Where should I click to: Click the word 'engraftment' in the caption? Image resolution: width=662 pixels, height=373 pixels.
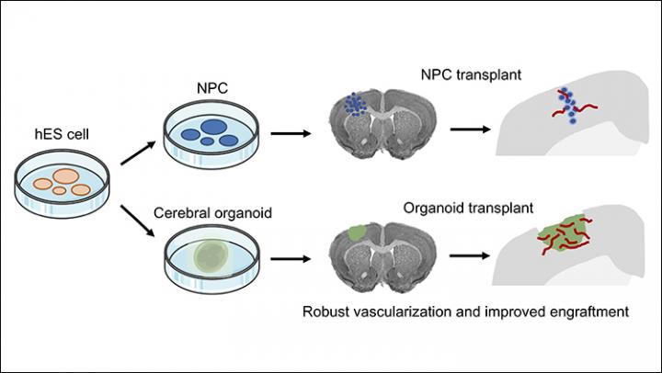coord(590,312)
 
